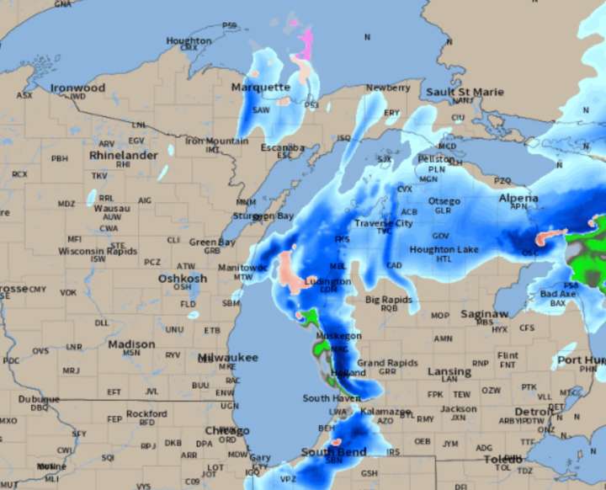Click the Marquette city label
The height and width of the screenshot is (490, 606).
260,87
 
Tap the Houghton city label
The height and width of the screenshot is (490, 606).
189,40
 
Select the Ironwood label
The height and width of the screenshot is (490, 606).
77,88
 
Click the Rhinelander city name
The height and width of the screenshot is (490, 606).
123,156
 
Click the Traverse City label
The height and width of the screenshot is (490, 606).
383,223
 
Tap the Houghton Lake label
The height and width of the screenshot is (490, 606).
444,250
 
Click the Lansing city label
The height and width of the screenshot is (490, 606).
449,371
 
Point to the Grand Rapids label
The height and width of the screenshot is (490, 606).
387,363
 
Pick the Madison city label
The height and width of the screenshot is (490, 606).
131,344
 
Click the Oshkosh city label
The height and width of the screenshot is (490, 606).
183,278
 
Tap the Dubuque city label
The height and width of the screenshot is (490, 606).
39,399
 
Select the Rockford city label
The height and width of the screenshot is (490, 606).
146,413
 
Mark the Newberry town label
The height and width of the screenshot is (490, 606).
388,88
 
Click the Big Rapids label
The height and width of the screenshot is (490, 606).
388,300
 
